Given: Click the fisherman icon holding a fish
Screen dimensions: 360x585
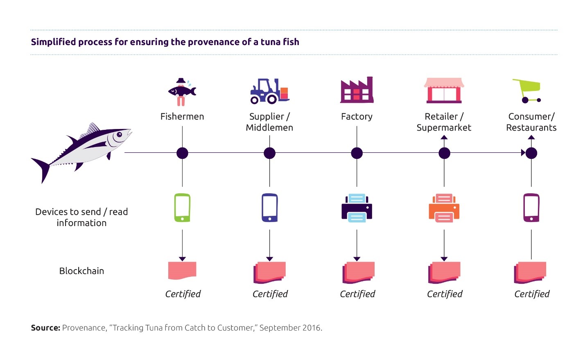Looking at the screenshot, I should (182, 92).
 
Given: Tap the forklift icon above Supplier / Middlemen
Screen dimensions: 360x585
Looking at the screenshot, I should (269, 91).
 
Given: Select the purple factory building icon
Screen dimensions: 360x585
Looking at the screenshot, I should (357, 90).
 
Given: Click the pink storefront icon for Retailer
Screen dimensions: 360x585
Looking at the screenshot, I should (444, 90).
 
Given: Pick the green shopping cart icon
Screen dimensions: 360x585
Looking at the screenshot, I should (527, 91).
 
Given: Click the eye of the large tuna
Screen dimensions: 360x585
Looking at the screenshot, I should (119, 134).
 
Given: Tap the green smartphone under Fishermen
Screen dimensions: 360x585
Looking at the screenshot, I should (182, 208).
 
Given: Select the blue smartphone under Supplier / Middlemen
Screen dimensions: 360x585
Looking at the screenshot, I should (269, 208).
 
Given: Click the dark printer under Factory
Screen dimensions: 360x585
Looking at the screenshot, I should (357, 208).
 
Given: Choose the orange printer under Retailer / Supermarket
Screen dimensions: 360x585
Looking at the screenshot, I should (444, 208).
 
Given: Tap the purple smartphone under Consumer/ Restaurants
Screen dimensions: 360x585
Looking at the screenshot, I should (531, 208).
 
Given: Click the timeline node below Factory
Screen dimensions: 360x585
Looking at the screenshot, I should (357, 153).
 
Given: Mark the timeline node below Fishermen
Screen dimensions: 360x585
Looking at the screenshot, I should (182, 153).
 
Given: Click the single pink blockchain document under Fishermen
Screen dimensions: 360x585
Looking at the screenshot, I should (182, 270).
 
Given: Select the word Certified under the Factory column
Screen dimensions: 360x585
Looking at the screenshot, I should (357, 294).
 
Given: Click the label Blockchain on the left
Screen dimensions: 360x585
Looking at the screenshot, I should (81, 271).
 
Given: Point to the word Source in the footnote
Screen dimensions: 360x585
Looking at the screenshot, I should (45, 328).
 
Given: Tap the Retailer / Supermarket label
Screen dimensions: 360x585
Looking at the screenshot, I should (444, 122).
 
